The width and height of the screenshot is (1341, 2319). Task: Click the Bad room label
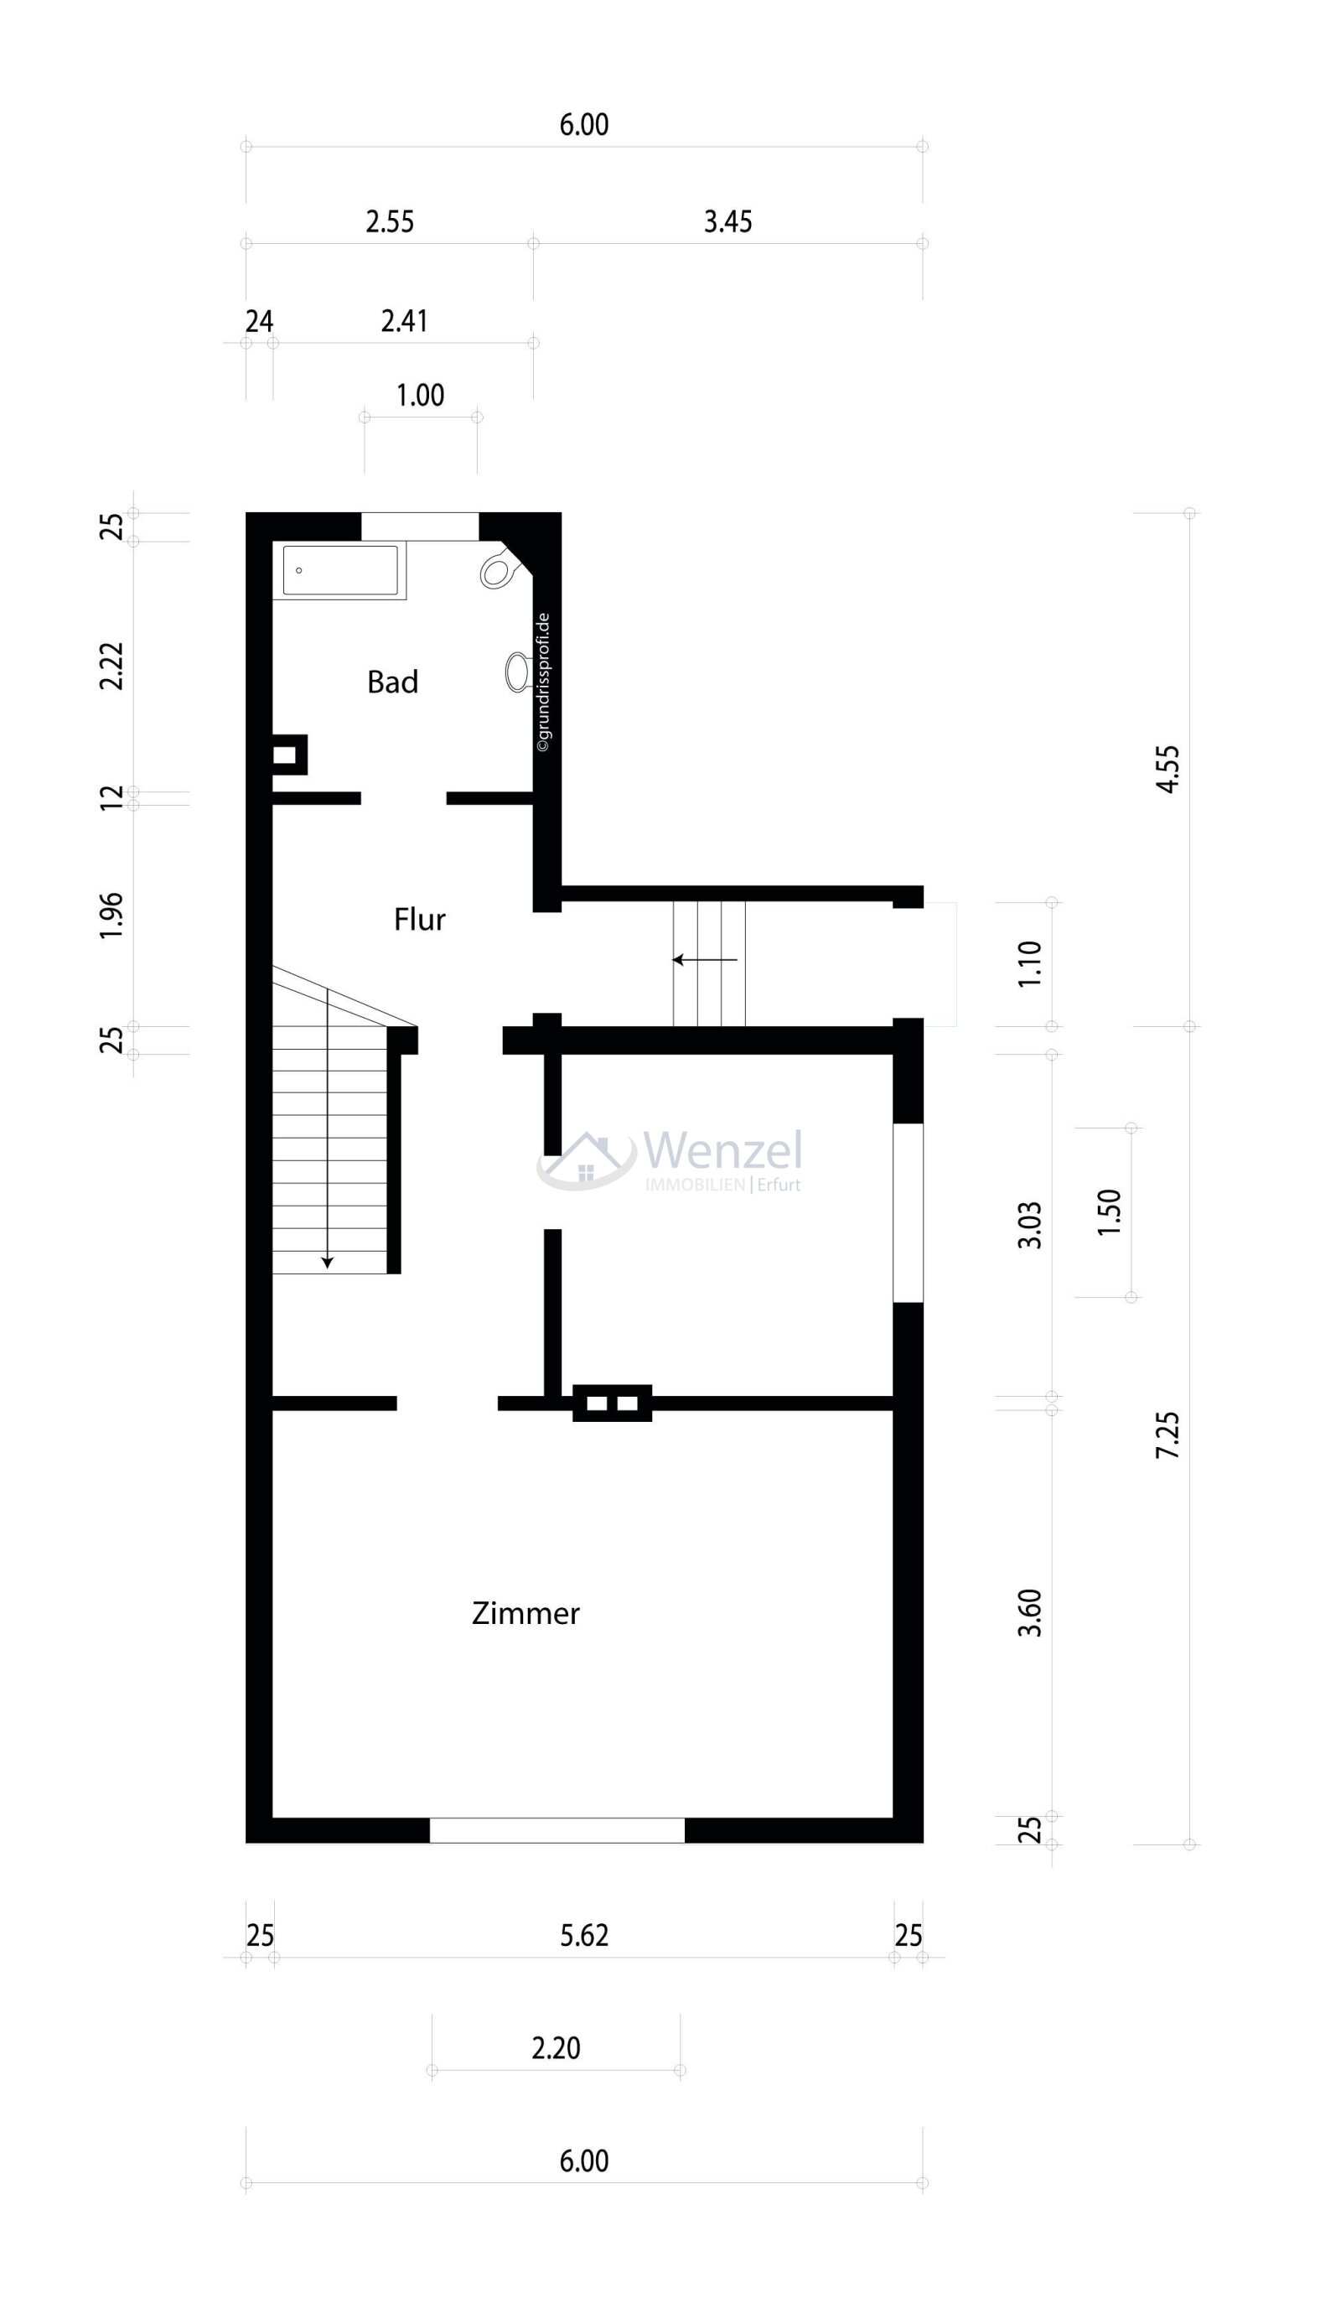391,682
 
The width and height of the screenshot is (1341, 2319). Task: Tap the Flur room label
419,920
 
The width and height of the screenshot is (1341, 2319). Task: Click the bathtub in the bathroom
340,571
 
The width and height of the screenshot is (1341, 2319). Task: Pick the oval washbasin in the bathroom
518,672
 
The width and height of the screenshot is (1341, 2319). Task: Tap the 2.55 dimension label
390,222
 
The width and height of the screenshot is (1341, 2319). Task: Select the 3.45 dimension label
727,222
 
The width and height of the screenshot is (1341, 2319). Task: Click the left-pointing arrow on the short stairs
705,960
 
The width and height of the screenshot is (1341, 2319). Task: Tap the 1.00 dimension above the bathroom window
421,396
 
